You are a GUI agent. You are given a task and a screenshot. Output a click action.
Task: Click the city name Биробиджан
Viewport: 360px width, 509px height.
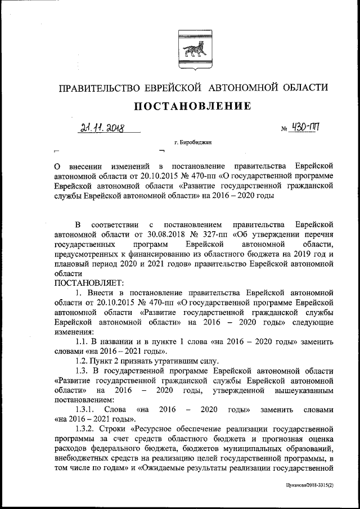click(x=197, y=143)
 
